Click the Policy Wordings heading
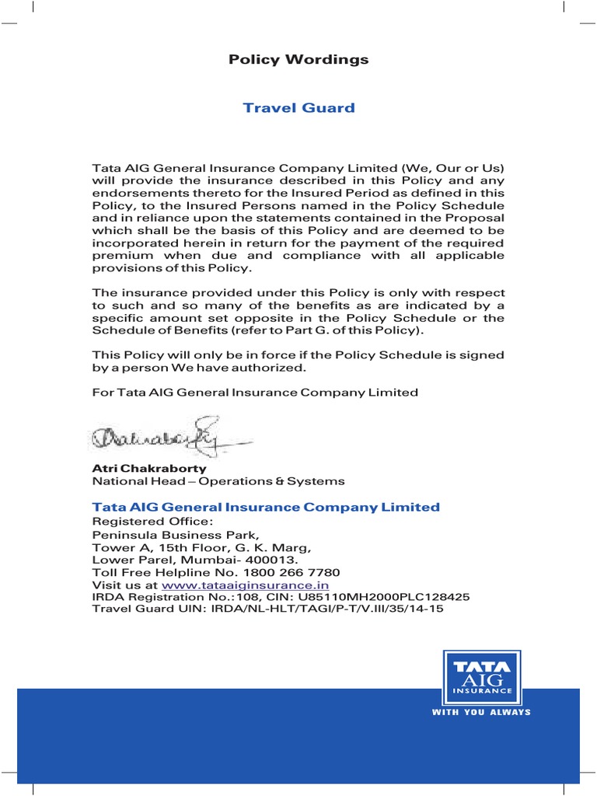point(298,60)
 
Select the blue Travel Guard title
point(298,107)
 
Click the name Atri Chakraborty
point(149,469)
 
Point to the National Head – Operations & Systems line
point(218,482)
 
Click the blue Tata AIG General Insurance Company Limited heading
point(266,507)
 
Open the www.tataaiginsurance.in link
point(245,585)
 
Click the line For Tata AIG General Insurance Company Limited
point(255,393)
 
